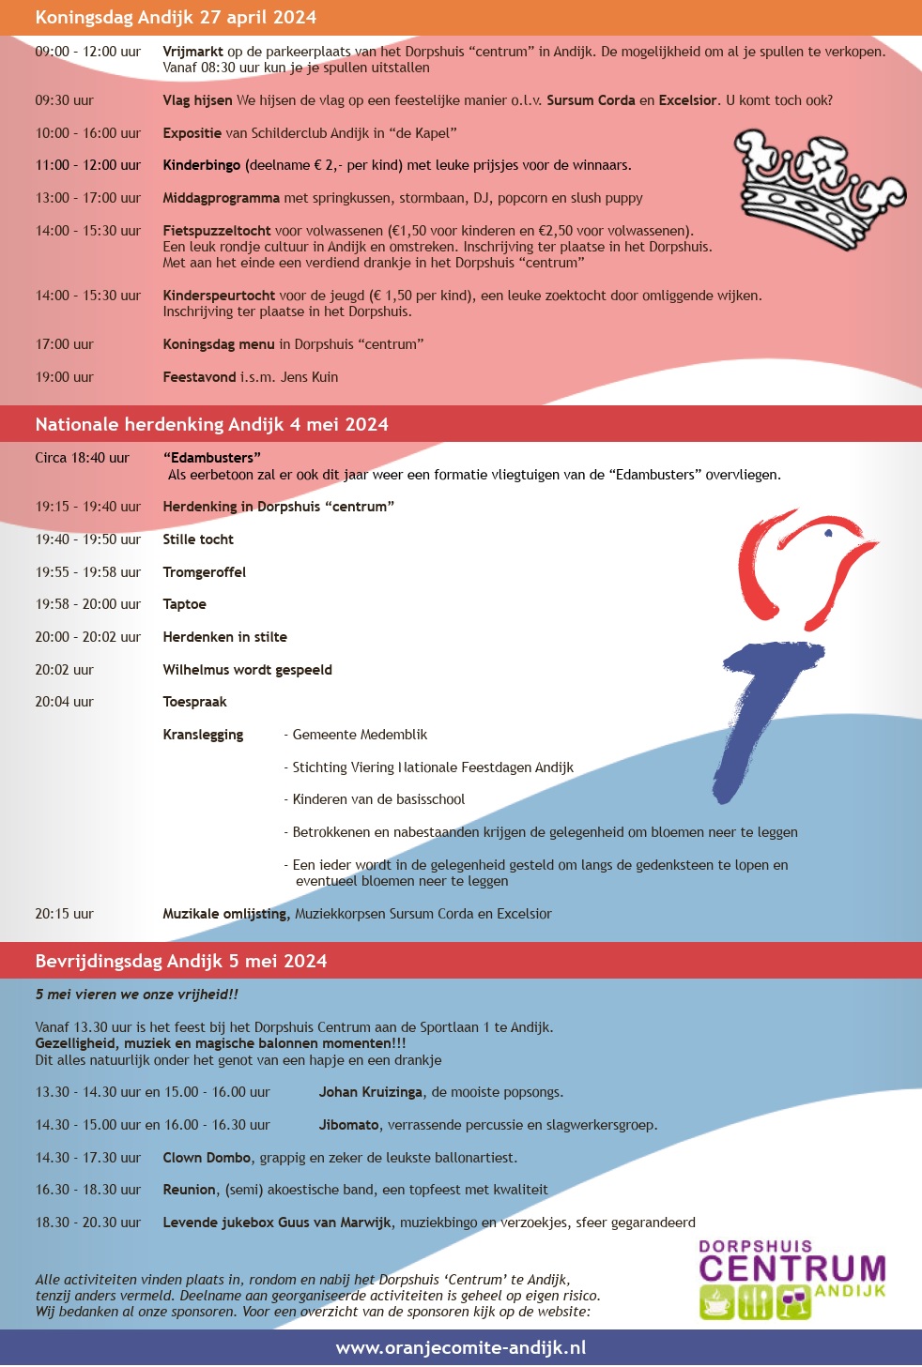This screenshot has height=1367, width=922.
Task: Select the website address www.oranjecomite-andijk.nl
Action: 460,1347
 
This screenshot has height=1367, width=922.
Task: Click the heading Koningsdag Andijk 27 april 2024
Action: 176,17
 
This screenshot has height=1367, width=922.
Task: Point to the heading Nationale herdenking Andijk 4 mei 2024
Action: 211,424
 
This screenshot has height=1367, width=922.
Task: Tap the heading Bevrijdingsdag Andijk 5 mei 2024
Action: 181,961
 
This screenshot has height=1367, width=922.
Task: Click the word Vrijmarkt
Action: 192,52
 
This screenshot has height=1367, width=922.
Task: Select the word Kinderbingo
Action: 202,165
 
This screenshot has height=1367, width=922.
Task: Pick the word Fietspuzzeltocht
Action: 217,231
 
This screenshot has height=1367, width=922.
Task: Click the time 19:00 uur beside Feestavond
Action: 65,377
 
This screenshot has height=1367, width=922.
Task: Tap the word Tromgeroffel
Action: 204,572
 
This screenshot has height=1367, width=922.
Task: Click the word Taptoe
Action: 184,604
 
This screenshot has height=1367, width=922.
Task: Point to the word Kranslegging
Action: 203,735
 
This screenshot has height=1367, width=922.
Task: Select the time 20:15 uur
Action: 65,914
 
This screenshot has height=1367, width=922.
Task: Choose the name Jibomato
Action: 348,1125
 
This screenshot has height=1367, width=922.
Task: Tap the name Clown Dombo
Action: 207,1158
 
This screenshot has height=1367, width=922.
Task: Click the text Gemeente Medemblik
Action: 360,735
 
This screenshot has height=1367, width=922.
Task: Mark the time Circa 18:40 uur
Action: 82,458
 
